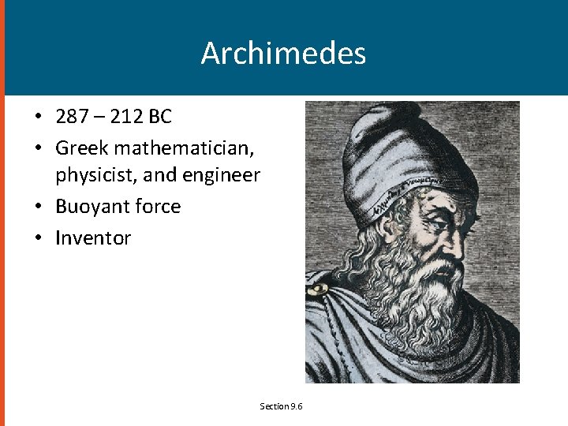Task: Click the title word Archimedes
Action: tap(283, 54)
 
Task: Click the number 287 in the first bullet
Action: tap(73, 118)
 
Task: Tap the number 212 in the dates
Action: tap(128, 118)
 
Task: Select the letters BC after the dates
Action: tap(160, 118)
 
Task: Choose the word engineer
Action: tap(221, 175)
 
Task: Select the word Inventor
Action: tap(93, 237)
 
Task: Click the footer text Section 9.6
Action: tap(282, 406)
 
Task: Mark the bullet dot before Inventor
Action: tap(38, 238)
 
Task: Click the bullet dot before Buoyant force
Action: tap(38, 207)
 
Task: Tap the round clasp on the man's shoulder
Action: tap(317, 290)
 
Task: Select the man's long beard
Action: tap(414, 300)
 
